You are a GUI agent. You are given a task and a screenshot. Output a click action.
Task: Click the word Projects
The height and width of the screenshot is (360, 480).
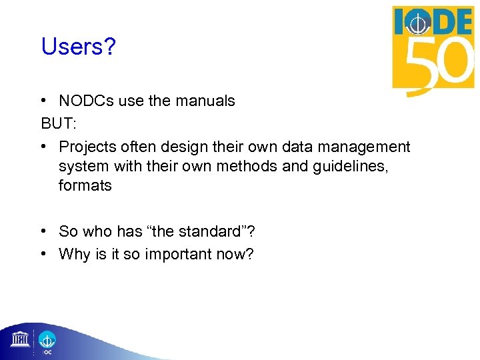85,147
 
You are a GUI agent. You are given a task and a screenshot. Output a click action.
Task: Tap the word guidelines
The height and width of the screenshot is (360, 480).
357,166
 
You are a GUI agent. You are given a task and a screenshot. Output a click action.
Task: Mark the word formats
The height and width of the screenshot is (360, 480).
85,185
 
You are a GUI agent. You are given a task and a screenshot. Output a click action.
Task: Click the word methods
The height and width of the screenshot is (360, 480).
251,166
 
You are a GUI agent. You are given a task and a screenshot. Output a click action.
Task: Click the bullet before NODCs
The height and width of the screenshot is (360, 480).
43,101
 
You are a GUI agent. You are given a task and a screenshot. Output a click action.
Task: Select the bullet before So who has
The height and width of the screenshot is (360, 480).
43,231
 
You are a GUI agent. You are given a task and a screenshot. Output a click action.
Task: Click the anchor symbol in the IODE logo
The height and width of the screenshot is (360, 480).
418,25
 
